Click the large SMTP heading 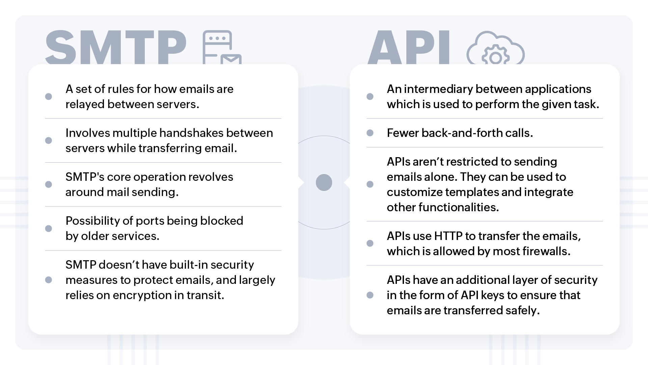tap(116, 47)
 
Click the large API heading tap(409, 47)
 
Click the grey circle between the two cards tap(324, 182)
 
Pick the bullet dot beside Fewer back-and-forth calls tap(370, 133)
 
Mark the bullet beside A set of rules tap(49, 97)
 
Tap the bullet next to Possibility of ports tap(49, 228)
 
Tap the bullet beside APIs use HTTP tap(370, 243)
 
